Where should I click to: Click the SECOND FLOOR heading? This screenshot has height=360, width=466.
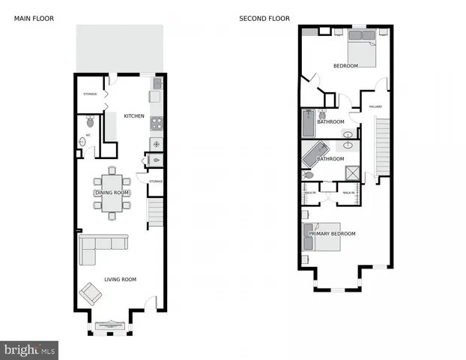click(x=264, y=18)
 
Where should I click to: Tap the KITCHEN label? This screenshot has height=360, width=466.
click(x=134, y=116)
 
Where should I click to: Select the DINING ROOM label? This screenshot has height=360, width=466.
click(x=112, y=193)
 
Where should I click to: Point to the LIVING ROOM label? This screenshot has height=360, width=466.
click(x=119, y=280)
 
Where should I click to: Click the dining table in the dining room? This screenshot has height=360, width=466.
click(x=112, y=193)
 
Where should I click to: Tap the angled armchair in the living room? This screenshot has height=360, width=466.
click(x=92, y=292)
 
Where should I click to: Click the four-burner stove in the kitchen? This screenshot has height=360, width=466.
click(x=157, y=124)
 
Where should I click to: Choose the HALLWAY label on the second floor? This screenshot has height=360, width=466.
click(x=375, y=106)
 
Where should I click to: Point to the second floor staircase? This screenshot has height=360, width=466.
click(x=382, y=146)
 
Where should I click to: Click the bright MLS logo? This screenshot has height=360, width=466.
click(x=29, y=350)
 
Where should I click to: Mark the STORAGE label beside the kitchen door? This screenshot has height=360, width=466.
click(x=90, y=94)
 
